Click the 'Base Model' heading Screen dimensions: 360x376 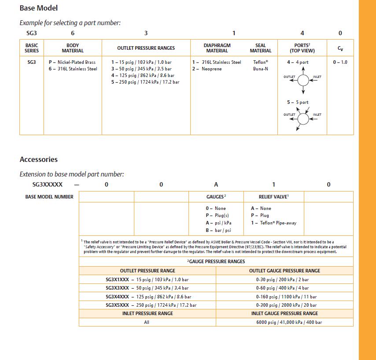coord(39,8)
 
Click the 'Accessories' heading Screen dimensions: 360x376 coord(39,159)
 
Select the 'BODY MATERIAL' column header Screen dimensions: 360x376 coord(73,48)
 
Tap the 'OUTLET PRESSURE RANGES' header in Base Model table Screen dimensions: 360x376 coord(146,48)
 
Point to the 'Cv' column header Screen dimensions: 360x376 coord(340,48)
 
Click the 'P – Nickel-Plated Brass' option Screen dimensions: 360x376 coord(72,62)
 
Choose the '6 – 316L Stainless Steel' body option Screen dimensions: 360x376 coord(73,69)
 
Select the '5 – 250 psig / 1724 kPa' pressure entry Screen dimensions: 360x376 coord(145,82)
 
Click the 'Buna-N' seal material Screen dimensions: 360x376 coord(261,69)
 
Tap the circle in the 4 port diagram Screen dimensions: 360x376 coord(303,80)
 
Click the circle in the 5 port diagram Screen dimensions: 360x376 coord(303,118)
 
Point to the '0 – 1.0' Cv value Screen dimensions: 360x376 coord(340,62)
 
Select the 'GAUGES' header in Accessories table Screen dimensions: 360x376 coord(216,197)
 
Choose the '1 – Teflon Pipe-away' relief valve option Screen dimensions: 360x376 coord(273,223)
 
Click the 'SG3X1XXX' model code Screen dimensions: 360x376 coord(117,279)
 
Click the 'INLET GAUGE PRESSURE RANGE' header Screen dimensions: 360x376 coord(284,313)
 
